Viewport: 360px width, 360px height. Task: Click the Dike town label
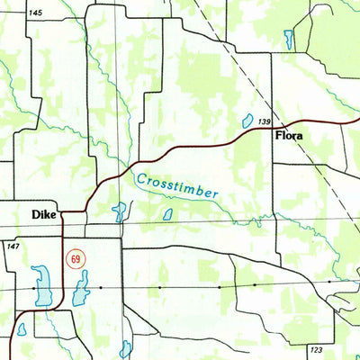pos(43,215)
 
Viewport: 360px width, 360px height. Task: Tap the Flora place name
pos(289,136)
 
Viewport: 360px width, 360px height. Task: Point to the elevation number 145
pos(35,13)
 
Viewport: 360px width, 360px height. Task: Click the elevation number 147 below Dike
pos(13,245)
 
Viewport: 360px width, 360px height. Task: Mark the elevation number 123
pos(315,348)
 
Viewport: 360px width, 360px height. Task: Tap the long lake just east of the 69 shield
pos(82,290)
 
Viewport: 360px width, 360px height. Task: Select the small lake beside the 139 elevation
pos(246,120)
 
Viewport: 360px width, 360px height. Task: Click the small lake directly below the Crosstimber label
pos(167,214)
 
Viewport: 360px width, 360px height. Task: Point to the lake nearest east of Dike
pos(119,212)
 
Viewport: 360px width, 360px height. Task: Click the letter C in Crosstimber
pos(140,178)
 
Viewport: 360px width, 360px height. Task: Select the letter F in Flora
pos(277,136)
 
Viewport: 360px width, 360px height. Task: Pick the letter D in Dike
pos(35,215)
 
